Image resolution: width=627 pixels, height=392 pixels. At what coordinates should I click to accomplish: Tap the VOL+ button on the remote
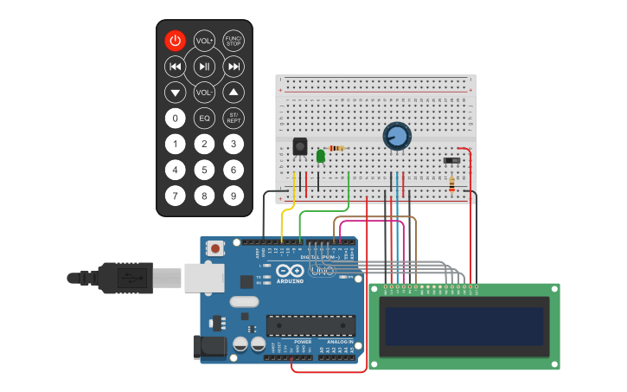coord(204,41)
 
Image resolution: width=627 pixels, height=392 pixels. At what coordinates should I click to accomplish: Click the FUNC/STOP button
coord(234,41)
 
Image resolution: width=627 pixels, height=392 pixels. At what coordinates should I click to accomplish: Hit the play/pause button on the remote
coord(204,67)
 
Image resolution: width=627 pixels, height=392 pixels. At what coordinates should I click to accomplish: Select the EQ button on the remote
coord(204,119)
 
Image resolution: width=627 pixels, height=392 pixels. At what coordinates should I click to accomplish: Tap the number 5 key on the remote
coord(204,170)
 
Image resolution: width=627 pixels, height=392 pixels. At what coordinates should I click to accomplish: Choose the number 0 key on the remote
coord(176,119)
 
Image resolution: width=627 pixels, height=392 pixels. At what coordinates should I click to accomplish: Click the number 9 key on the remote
coord(234,196)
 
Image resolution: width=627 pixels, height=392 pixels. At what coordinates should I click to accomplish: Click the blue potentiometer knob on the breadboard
coord(396,136)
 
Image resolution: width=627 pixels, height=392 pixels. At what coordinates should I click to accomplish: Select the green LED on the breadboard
coord(320,156)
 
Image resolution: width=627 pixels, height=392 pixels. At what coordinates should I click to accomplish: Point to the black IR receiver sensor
coord(300,146)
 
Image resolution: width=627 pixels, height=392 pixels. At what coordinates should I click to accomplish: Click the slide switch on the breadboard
coord(451,159)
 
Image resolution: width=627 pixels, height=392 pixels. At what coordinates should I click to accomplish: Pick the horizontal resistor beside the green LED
coord(336,148)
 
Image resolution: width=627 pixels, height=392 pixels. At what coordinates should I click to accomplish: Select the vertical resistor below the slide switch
coord(451,183)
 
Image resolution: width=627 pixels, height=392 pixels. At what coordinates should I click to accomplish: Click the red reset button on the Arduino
coord(214,248)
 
